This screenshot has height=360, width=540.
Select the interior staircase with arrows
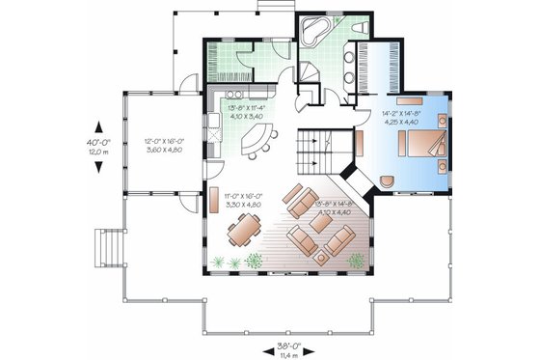pyautogui.click(x=317, y=150)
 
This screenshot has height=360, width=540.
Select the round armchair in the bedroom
pyautogui.click(x=388, y=180)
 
